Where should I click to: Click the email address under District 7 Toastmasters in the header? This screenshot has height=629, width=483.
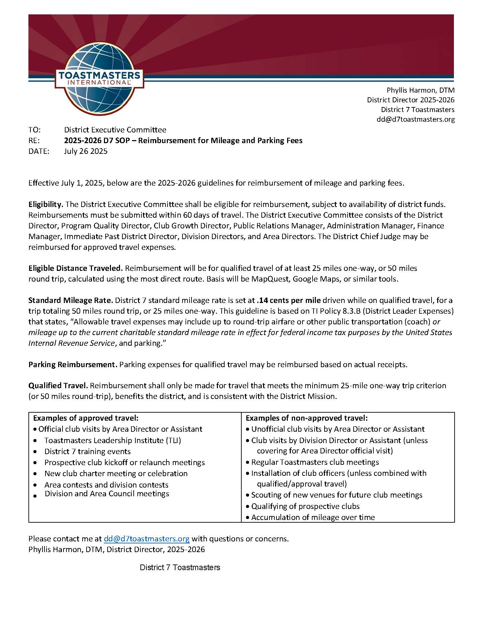415,119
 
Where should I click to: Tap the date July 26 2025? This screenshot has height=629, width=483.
86,151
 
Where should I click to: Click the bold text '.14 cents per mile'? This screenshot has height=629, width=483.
289,300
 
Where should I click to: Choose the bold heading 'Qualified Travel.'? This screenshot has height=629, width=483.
58,386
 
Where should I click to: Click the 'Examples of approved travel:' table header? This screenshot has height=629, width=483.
86,418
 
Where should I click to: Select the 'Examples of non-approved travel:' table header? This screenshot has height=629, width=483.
307,418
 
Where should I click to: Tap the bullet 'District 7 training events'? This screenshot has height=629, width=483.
87,451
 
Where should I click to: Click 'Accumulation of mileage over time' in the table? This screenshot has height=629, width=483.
313,517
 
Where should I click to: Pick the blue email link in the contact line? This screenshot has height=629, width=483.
147,539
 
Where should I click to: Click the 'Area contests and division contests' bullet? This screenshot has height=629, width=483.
106,485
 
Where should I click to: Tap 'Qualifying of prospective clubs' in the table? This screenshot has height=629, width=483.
305,506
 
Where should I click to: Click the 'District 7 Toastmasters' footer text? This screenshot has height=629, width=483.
180,567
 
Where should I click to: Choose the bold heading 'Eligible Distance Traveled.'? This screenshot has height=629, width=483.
76,268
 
